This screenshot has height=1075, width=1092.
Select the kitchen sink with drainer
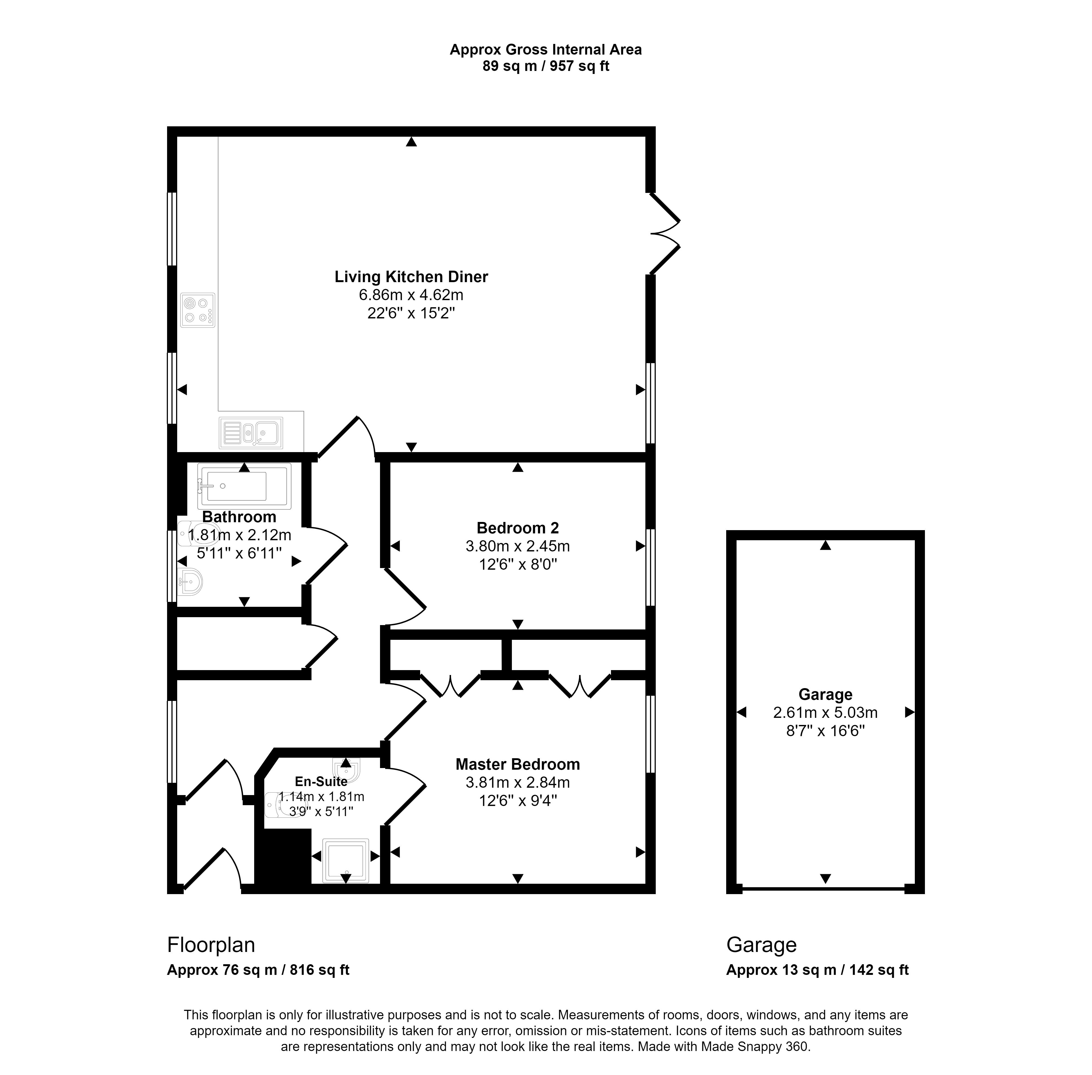tap(251, 433)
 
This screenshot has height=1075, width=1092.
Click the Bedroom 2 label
tap(517, 528)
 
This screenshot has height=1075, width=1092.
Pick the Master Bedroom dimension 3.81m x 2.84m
tap(517, 783)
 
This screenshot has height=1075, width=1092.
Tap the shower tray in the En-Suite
tap(345, 861)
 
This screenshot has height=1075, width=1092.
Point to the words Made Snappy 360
tap(755, 1046)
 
